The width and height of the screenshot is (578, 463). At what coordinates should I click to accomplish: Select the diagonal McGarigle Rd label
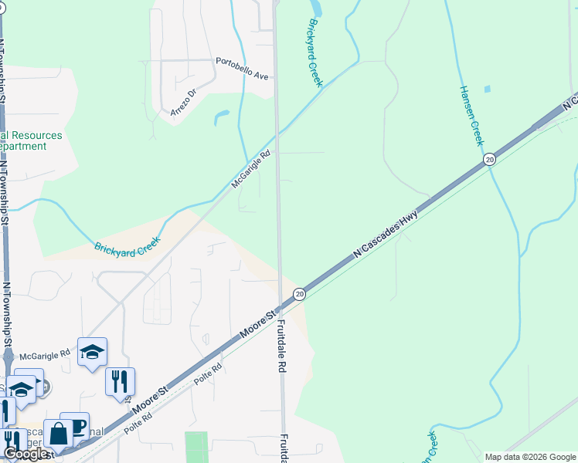[x=252, y=170]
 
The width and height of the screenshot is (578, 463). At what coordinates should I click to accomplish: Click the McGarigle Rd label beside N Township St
[x=45, y=356]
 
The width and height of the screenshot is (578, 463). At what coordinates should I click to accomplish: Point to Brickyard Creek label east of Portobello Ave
[x=315, y=52]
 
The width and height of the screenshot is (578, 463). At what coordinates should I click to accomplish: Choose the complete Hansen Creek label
[x=471, y=115]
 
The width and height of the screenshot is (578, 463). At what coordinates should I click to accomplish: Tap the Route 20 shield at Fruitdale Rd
[x=300, y=294]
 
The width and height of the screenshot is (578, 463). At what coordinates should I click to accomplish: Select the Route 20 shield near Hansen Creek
[x=489, y=159]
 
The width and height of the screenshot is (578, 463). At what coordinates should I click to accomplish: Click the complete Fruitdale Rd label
[x=282, y=347]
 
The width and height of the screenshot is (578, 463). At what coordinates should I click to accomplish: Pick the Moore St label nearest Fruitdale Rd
[x=258, y=325]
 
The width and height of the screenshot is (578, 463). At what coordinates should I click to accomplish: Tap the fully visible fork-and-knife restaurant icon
[x=120, y=382]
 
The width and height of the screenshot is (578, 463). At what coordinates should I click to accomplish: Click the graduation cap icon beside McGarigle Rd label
[x=92, y=352]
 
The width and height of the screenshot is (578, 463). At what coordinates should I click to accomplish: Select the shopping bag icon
[x=58, y=434]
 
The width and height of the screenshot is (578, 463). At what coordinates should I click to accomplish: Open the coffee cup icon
[x=74, y=426]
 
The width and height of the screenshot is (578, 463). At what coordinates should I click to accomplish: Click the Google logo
[x=25, y=454]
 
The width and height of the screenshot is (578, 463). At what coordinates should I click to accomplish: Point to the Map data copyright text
[x=529, y=457]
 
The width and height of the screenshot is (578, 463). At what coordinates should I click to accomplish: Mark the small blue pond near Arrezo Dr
[x=222, y=117]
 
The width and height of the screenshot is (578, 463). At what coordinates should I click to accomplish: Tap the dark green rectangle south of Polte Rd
[x=197, y=447]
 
